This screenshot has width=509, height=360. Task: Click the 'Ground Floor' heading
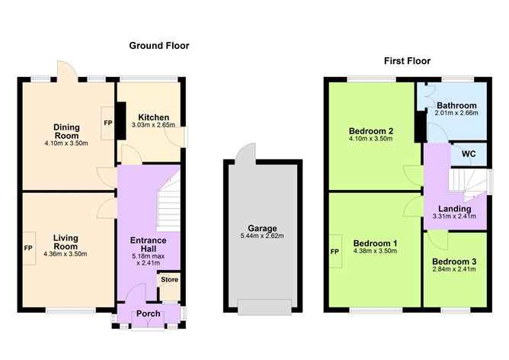pos(158,46)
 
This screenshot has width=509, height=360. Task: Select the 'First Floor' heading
pos(408,61)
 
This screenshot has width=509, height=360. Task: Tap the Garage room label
pos(262,228)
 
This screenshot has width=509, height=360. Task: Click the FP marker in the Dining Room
pos(107,122)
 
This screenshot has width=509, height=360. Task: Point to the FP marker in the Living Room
pos(28,248)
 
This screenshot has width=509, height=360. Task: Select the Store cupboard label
pos(169,280)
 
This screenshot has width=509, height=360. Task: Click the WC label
pos(469,154)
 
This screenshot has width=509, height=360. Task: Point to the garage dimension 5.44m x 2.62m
pos(262,236)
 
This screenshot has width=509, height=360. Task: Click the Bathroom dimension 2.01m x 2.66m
pos(456,114)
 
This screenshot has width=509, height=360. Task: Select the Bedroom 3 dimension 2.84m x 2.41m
pos(456,270)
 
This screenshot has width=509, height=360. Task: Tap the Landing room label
pos(456,208)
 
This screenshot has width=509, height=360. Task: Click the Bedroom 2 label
pos(371,130)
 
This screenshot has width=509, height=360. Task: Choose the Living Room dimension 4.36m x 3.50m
pos(66,254)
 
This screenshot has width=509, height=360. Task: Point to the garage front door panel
pos(263,307)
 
